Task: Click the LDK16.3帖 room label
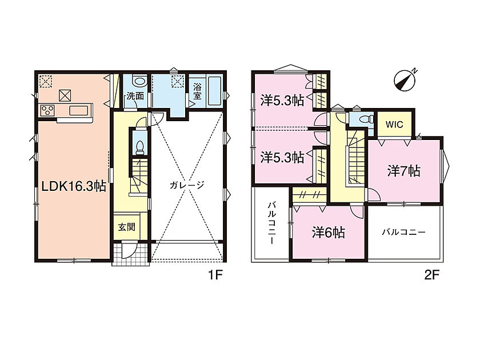[74, 186]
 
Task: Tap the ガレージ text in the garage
[187, 185]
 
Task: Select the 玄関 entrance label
[127, 227]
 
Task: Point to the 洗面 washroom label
[135, 96]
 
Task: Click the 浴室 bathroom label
[198, 91]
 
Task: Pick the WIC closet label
[394, 125]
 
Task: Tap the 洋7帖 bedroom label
[404, 171]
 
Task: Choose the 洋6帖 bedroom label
[329, 233]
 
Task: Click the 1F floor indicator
[215, 275]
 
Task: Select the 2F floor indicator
[432, 275]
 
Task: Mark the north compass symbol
[405, 80]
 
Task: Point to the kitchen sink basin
[81, 110]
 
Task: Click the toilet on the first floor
[140, 147]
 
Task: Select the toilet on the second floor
[366, 119]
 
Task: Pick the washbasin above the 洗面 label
[139, 81]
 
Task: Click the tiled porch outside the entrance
[131, 254]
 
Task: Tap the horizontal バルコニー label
[403, 232]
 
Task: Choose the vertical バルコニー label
[271, 223]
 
